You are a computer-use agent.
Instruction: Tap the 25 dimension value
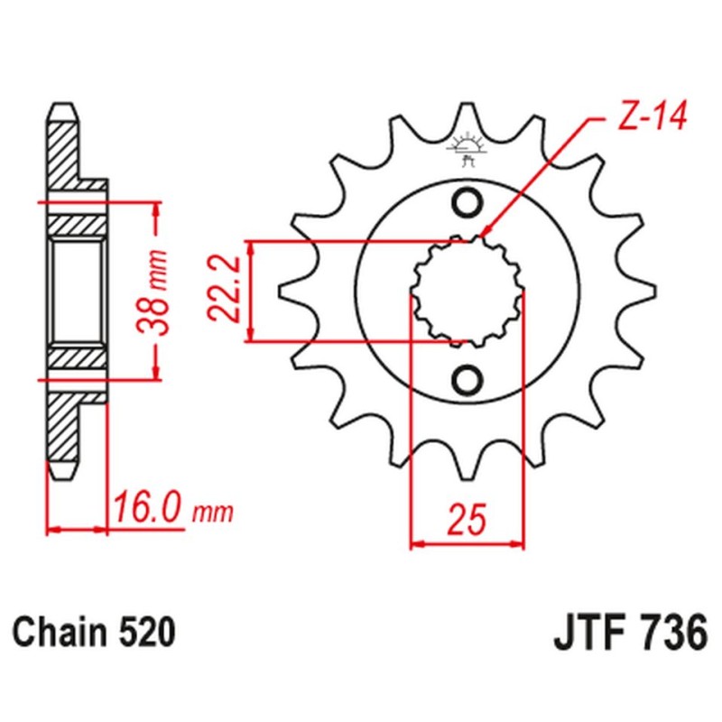tap(467, 520)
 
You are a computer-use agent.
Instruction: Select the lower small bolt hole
tap(467, 379)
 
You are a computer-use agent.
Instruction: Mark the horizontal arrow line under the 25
tap(467, 544)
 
